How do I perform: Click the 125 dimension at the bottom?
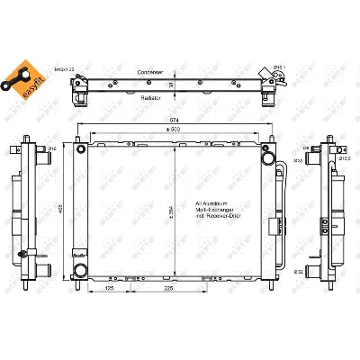coord(109,289)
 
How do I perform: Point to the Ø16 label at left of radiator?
coord(52,148)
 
